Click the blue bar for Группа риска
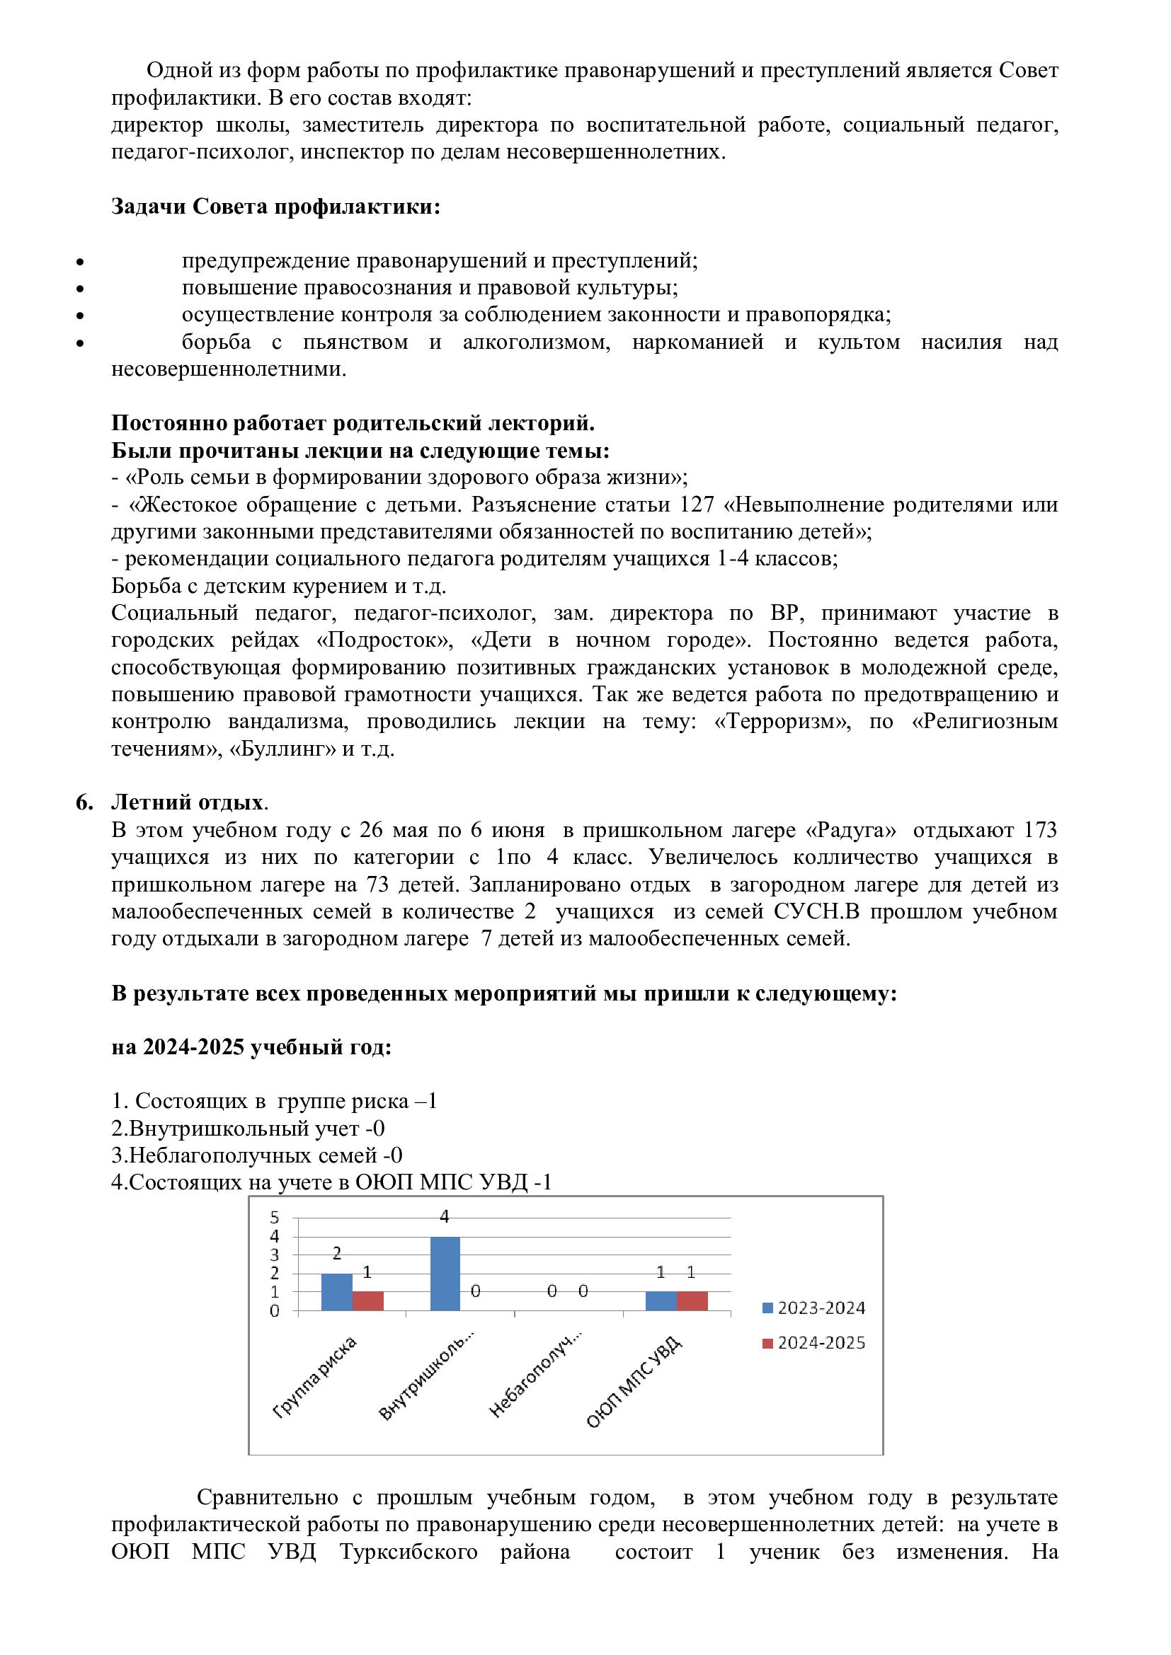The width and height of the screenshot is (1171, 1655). [x=337, y=1292]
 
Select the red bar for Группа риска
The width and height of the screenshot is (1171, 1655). [x=367, y=1301]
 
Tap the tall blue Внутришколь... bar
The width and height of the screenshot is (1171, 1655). [x=445, y=1274]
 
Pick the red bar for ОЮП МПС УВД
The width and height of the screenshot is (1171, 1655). [x=692, y=1301]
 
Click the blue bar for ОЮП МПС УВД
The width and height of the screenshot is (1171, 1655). [x=661, y=1301]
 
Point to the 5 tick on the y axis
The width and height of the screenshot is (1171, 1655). [x=275, y=1218]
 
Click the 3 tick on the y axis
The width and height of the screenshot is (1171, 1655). [x=275, y=1256]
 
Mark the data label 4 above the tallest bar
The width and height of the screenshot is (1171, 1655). [x=444, y=1217]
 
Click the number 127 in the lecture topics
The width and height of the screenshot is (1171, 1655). [x=697, y=504]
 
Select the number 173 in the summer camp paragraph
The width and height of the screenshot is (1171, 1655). [x=1040, y=831]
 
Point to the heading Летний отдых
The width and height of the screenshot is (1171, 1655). [x=187, y=802]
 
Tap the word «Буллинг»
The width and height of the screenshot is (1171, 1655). [x=282, y=749]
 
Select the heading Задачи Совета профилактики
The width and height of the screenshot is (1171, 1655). [x=275, y=207]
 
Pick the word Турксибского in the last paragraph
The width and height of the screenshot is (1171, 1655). [x=408, y=1552]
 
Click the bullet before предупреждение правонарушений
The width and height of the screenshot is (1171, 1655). [x=80, y=261]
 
